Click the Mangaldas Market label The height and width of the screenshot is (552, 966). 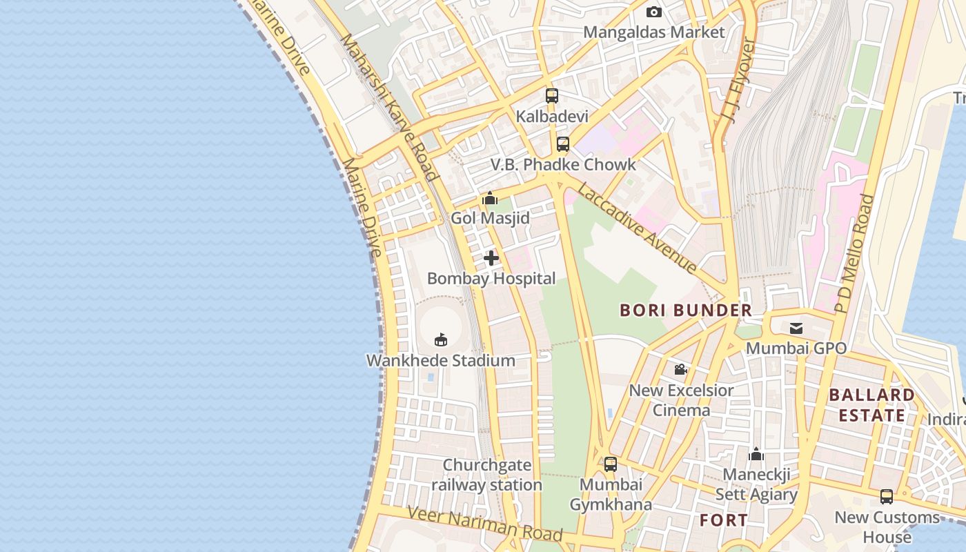[x=654, y=32]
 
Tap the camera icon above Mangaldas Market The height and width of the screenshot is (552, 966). [x=654, y=12]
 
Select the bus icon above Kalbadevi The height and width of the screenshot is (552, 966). [x=552, y=96]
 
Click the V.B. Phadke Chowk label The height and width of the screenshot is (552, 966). [x=563, y=165]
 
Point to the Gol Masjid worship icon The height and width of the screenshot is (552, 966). [x=490, y=199]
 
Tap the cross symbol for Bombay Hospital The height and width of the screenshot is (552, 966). [x=491, y=258]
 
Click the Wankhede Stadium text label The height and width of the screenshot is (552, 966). [x=440, y=360]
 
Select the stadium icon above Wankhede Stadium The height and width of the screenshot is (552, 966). [x=441, y=339]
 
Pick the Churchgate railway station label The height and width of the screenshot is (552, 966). [x=486, y=475]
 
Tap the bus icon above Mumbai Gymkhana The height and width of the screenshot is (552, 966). [x=611, y=464]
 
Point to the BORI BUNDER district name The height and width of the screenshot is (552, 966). [x=686, y=310]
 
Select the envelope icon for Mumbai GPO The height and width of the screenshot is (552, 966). [x=796, y=328]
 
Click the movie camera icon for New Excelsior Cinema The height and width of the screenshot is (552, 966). [x=681, y=370]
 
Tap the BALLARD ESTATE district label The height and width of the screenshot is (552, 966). [x=871, y=405]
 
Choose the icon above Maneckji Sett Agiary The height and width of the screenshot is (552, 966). [x=756, y=455]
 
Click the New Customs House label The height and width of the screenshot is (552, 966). [x=887, y=527]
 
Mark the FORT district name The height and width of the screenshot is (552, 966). [x=724, y=520]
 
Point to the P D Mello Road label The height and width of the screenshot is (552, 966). [x=854, y=255]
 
